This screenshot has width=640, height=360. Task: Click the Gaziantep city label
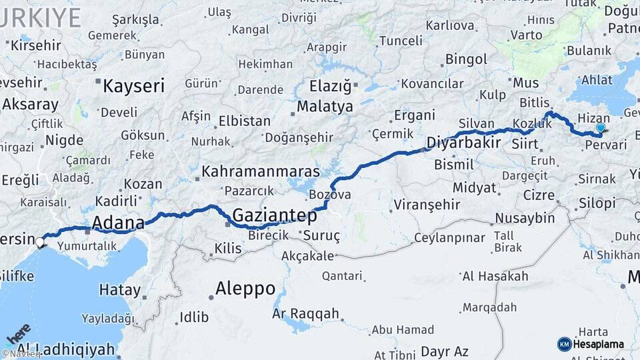(x=274, y=215)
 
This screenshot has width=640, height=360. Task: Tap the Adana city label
(x=118, y=222)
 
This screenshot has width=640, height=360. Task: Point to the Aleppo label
(x=245, y=289)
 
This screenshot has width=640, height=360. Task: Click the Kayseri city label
(x=133, y=85)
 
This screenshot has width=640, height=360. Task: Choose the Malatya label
(x=325, y=106)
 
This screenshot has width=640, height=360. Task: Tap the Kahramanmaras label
(x=261, y=171)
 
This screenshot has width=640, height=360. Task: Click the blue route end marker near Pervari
(x=601, y=127)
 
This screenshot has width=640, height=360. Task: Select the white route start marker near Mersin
(x=41, y=242)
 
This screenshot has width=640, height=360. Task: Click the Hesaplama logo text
(x=598, y=344)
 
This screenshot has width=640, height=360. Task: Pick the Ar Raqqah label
(x=305, y=313)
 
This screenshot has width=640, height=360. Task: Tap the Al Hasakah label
(x=495, y=276)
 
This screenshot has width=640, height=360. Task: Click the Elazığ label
(x=330, y=86)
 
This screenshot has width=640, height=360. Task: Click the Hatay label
(x=120, y=290)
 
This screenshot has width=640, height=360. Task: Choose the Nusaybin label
(x=525, y=218)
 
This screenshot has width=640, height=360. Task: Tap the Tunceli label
(x=400, y=41)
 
